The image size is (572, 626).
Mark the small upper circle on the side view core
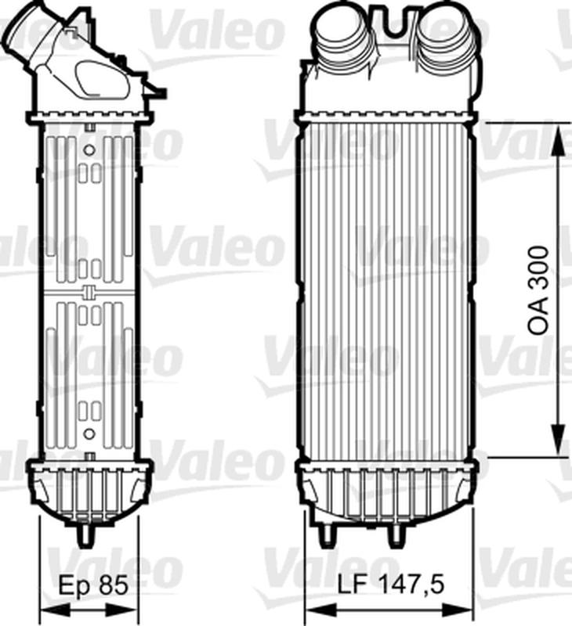tap(89, 149)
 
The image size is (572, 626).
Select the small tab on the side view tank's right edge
tap(159, 92)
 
